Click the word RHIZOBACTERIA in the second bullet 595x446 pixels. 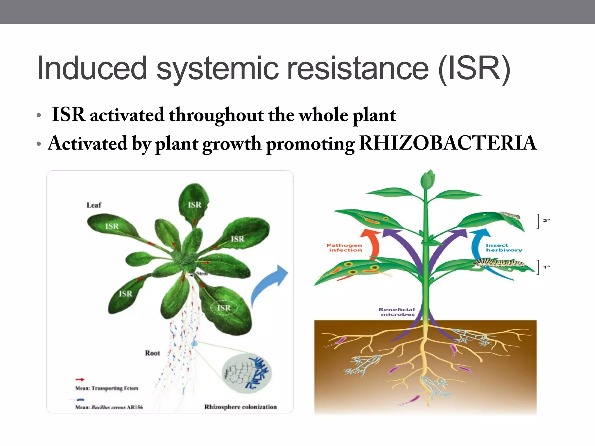[448, 143]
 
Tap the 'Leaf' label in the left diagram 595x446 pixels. [94, 205]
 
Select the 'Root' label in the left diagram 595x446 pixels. [153, 353]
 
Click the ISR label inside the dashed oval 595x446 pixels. [224, 308]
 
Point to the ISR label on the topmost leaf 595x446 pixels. [194, 205]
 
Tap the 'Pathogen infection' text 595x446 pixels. [345, 248]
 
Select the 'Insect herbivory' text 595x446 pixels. [503, 248]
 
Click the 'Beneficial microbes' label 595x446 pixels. [397, 312]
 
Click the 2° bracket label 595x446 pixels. [546, 221]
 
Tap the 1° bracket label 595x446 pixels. [546, 267]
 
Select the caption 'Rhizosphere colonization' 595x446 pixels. [240, 407]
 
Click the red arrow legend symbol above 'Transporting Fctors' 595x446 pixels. [80, 379]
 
